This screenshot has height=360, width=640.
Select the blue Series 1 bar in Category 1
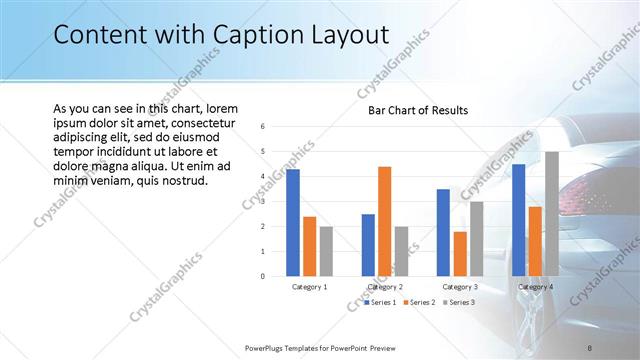(293, 222)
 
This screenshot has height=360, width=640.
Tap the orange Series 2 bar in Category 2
(385, 220)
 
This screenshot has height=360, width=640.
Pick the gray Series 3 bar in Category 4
(552, 213)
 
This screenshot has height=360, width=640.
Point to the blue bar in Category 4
(519, 219)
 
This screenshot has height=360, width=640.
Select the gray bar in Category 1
(326, 250)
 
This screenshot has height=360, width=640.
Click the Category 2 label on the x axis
(385, 287)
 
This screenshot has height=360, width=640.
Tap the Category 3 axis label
(459, 287)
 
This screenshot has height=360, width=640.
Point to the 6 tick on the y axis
(261, 127)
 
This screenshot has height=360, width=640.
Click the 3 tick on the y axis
(261, 201)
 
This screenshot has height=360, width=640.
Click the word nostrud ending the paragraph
(179, 181)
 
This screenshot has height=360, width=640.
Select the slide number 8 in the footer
(590, 347)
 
